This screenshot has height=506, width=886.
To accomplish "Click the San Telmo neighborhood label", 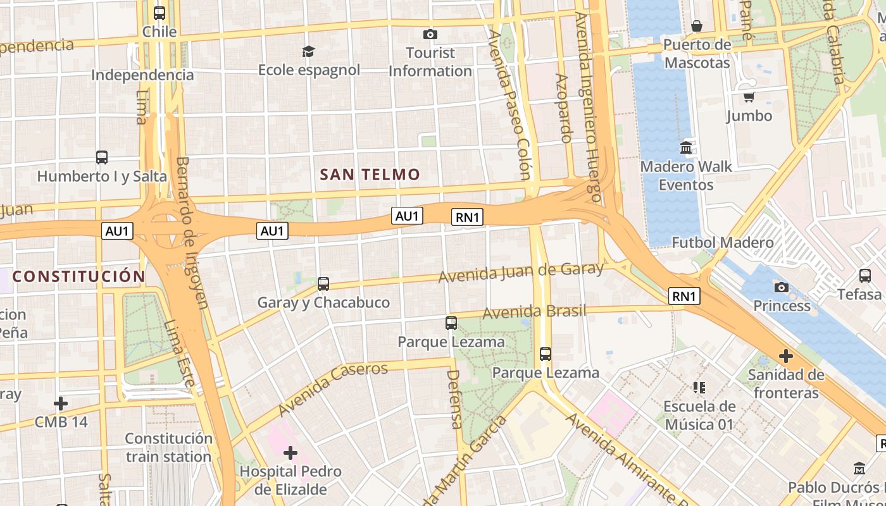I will pyautogui.click(x=370, y=175).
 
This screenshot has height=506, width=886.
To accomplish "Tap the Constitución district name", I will pyautogui.click(x=79, y=276).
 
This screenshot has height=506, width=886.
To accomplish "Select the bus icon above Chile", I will pyautogui.click(x=159, y=13).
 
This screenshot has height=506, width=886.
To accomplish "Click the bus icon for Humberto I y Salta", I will pyautogui.click(x=102, y=157).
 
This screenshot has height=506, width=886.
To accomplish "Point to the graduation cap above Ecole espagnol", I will pyautogui.click(x=308, y=51).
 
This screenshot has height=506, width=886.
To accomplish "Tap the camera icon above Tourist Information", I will pyautogui.click(x=430, y=34).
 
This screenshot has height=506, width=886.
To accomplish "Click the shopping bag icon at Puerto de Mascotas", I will pyautogui.click(x=697, y=26).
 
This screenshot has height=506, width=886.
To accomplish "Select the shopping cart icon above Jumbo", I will pyautogui.click(x=749, y=97).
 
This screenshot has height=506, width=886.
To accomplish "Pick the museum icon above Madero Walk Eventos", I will pyautogui.click(x=686, y=148).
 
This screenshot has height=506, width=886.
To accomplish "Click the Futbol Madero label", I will pyautogui.click(x=722, y=242).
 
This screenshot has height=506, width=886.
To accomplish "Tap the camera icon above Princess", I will pyautogui.click(x=782, y=287).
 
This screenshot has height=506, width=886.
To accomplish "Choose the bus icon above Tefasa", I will pyautogui.click(x=865, y=275).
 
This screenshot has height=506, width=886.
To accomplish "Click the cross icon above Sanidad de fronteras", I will pyautogui.click(x=786, y=356).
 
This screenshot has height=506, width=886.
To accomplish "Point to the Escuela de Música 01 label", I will pyautogui.click(x=699, y=415).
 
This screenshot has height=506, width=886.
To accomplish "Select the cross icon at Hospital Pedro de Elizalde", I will pyautogui.click(x=290, y=453).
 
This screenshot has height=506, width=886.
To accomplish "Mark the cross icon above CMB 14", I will pyautogui.click(x=61, y=403).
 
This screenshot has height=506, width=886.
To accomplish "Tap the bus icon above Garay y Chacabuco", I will pyautogui.click(x=323, y=284).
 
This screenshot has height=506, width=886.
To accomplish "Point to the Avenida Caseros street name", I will pyautogui.click(x=332, y=386).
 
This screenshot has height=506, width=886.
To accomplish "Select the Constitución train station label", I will pyautogui.click(x=168, y=447).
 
